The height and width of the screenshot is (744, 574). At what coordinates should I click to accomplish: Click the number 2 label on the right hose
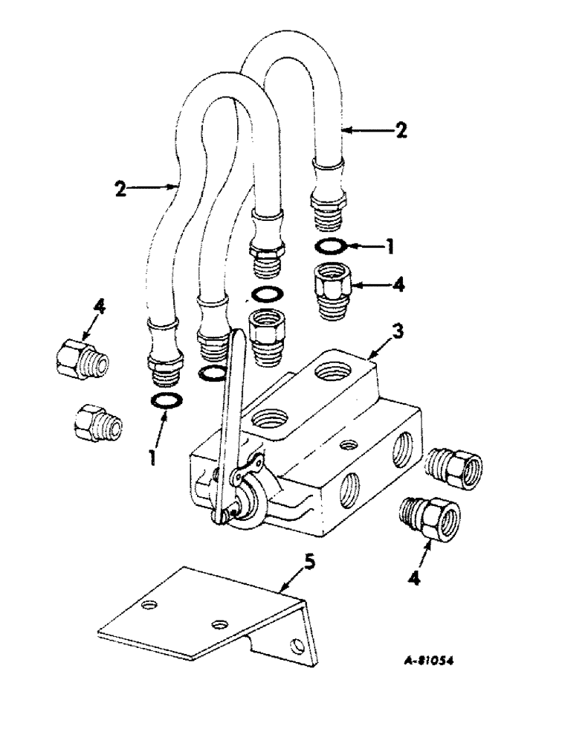point(401,131)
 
